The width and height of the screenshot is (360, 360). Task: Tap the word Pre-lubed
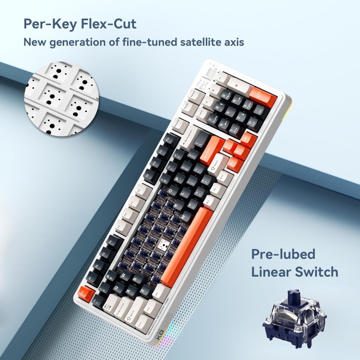click(x=283, y=254)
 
